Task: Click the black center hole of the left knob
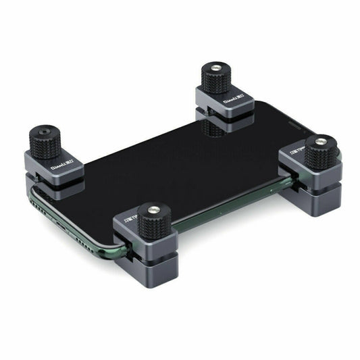(45, 128)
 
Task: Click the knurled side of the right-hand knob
(320, 156)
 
